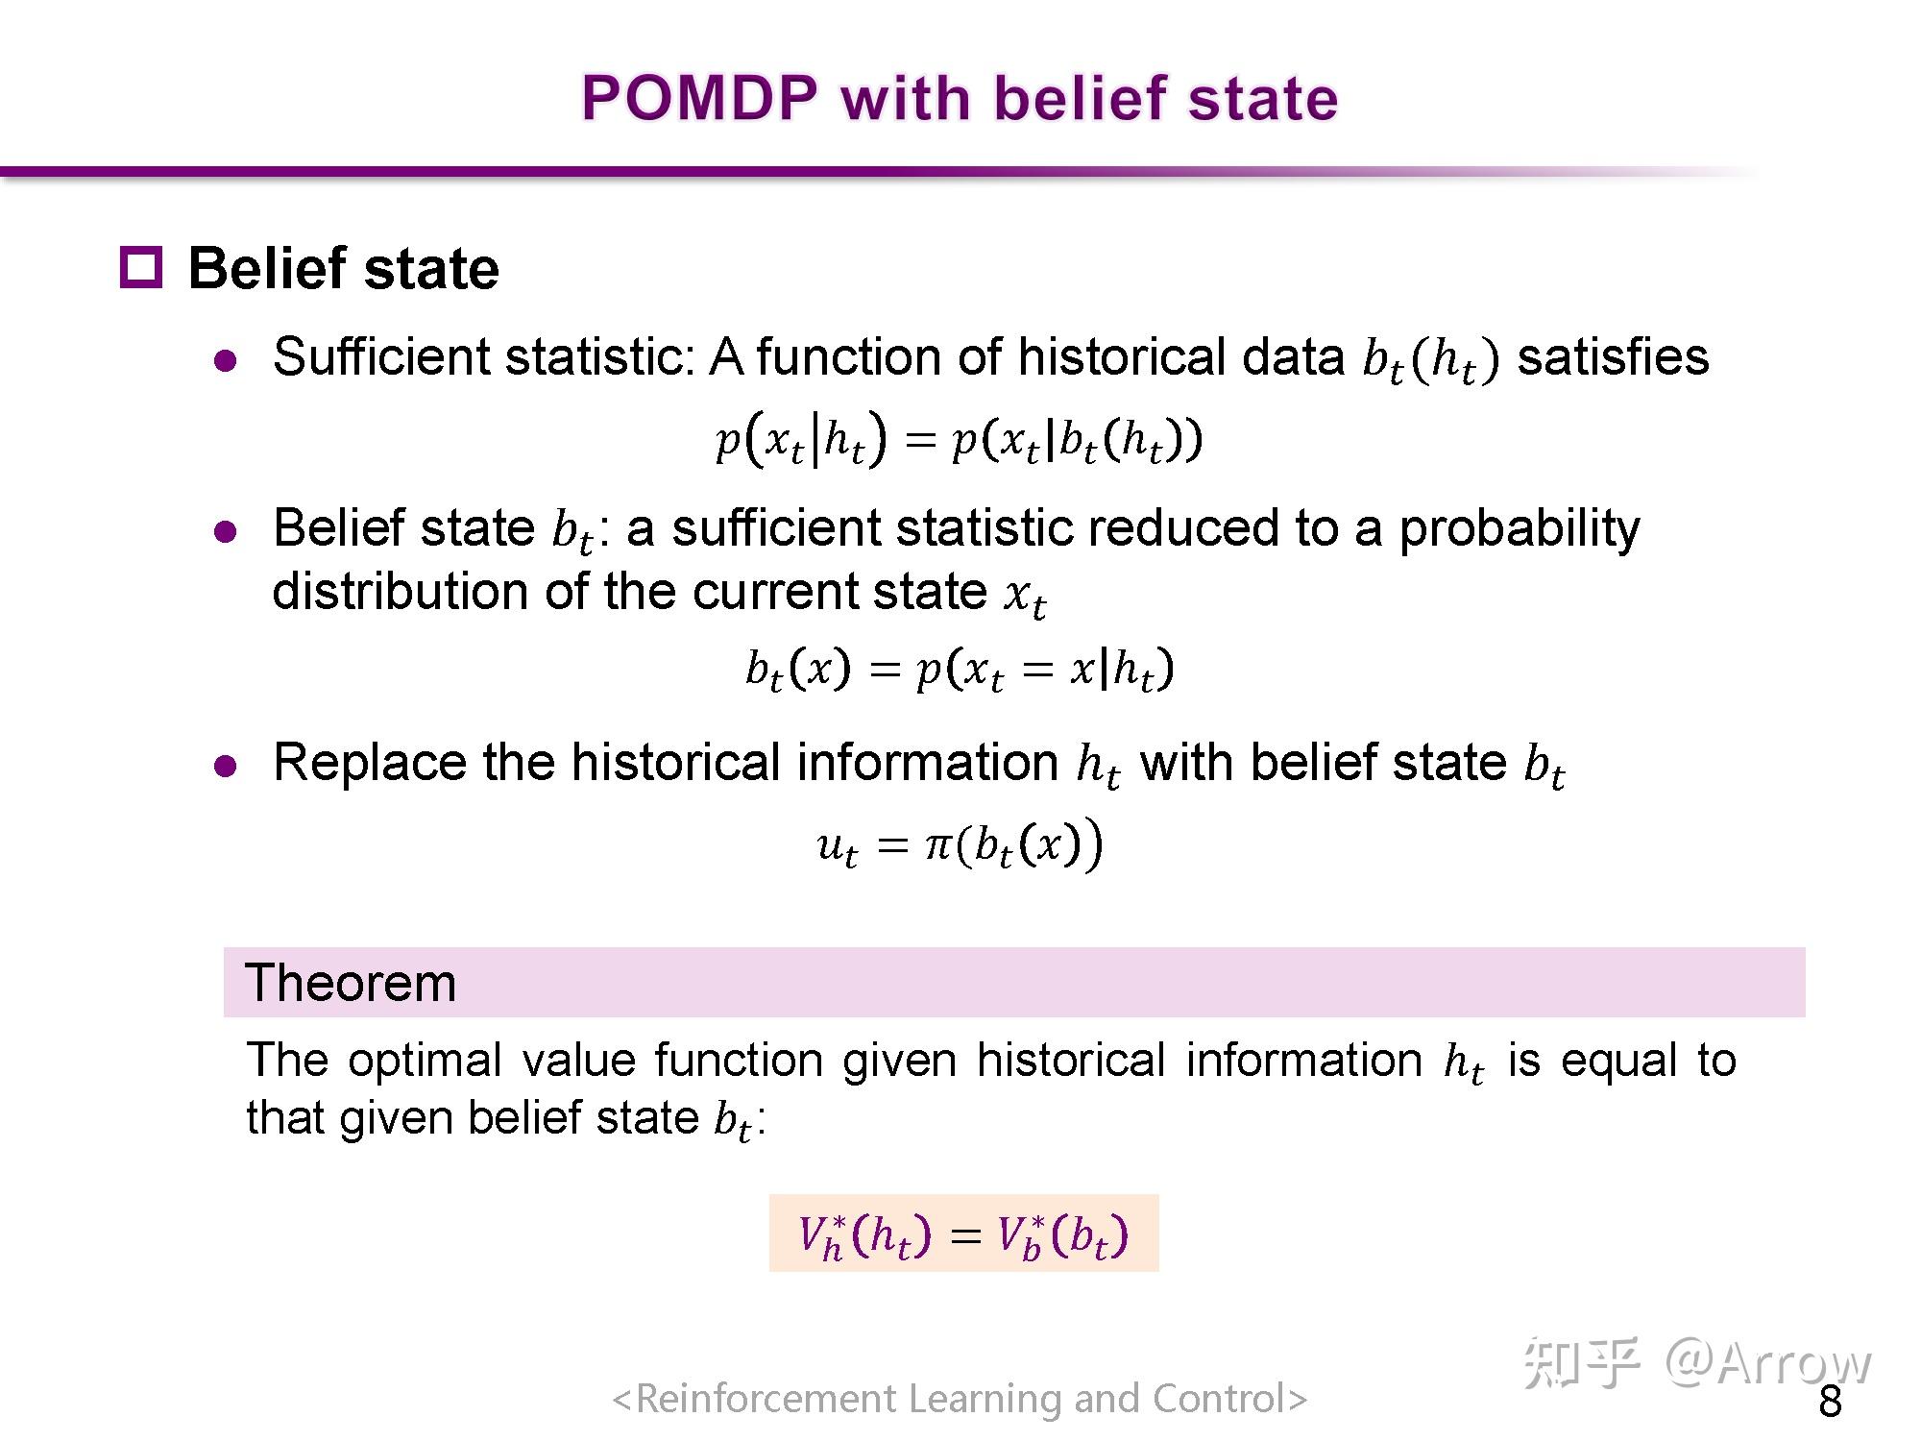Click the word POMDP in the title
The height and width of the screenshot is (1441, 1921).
point(700,98)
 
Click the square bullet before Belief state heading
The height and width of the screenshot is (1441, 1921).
point(141,267)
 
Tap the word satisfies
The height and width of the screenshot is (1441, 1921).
point(1613,357)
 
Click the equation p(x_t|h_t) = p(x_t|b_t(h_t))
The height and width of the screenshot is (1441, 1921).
point(959,441)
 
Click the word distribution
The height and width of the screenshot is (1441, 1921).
point(401,591)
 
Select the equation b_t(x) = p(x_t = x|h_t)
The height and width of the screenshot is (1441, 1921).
point(959,669)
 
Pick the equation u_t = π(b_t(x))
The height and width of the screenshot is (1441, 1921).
point(959,845)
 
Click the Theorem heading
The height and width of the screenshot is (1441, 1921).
point(351,983)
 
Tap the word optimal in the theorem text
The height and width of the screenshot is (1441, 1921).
point(425,1061)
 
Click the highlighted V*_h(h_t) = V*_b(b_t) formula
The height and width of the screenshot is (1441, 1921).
point(963,1233)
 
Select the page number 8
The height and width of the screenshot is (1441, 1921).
point(1830,1403)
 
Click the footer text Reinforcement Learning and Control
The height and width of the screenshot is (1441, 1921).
point(960,1399)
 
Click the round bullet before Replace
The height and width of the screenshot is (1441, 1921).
point(226,766)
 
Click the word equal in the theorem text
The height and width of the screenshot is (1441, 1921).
point(1618,1061)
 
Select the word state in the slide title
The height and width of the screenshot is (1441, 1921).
point(1262,98)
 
